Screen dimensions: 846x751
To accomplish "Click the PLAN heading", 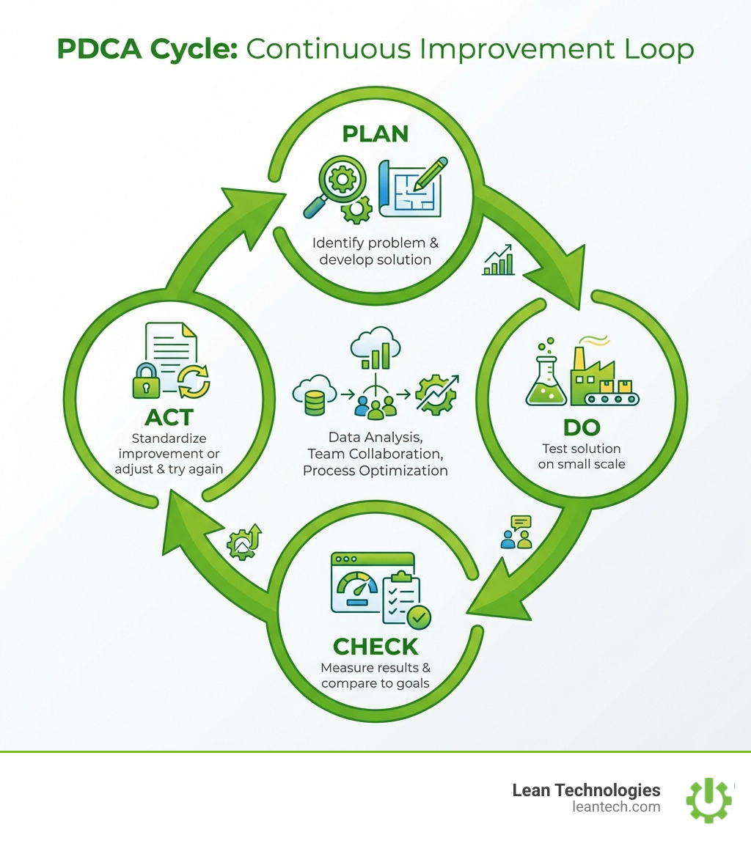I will (375, 134).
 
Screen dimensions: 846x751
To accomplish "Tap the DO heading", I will (581, 428).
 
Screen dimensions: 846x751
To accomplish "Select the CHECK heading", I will (375, 647).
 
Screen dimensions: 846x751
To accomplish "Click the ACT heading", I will (169, 416).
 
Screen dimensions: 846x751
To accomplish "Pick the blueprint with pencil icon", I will (412, 185).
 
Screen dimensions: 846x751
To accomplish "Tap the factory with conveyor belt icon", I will (606, 376).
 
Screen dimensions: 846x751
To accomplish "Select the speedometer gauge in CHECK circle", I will (356, 584).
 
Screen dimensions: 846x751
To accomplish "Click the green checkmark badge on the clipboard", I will (419, 617).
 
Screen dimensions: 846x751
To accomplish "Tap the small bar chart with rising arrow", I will (499, 262).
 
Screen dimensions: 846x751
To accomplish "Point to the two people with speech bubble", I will (517, 532).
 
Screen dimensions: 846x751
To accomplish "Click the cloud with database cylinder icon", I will (313, 391).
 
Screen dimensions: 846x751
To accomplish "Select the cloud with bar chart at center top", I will (375, 349).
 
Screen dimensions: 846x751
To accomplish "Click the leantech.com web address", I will (616, 807).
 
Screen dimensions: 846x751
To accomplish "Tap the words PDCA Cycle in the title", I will (147, 49).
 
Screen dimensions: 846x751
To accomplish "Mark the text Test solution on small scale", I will (582, 456).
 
